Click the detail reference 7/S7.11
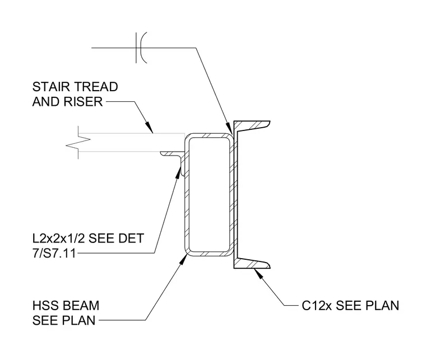(x=54, y=254)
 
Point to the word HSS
(x=44, y=306)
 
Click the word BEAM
(x=79, y=306)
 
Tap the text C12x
(x=317, y=306)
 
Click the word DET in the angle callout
(x=132, y=238)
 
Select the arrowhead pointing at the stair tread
(x=149, y=127)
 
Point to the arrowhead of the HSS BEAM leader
(x=184, y=260)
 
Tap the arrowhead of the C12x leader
(x=258, y=274)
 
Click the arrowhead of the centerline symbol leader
(x=230, y=128)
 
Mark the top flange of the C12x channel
(x=252, y=125)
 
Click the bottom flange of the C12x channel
(x=252, y=263)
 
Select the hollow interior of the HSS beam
(x=209, y=194)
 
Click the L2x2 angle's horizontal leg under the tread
(x=170, y=154)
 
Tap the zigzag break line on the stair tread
(x=78, y=142)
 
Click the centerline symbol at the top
(x=141, y=48)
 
